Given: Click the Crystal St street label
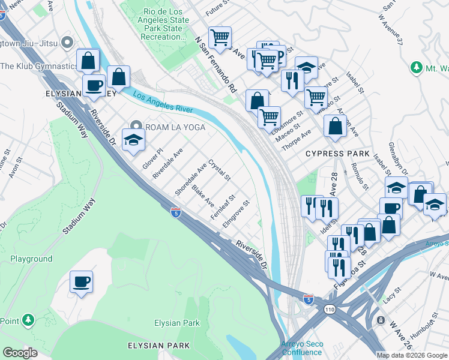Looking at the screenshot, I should tap(219, 170).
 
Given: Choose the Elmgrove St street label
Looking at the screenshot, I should tap(235, 214).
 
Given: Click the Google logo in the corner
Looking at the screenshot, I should tap(20, 353).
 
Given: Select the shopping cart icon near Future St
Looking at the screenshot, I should tap(220, 38).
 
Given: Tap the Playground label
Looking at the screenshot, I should tap(31, 259).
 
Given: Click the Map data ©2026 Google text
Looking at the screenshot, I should tap(412, 355).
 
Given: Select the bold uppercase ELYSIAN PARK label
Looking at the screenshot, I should tap(158, 346).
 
